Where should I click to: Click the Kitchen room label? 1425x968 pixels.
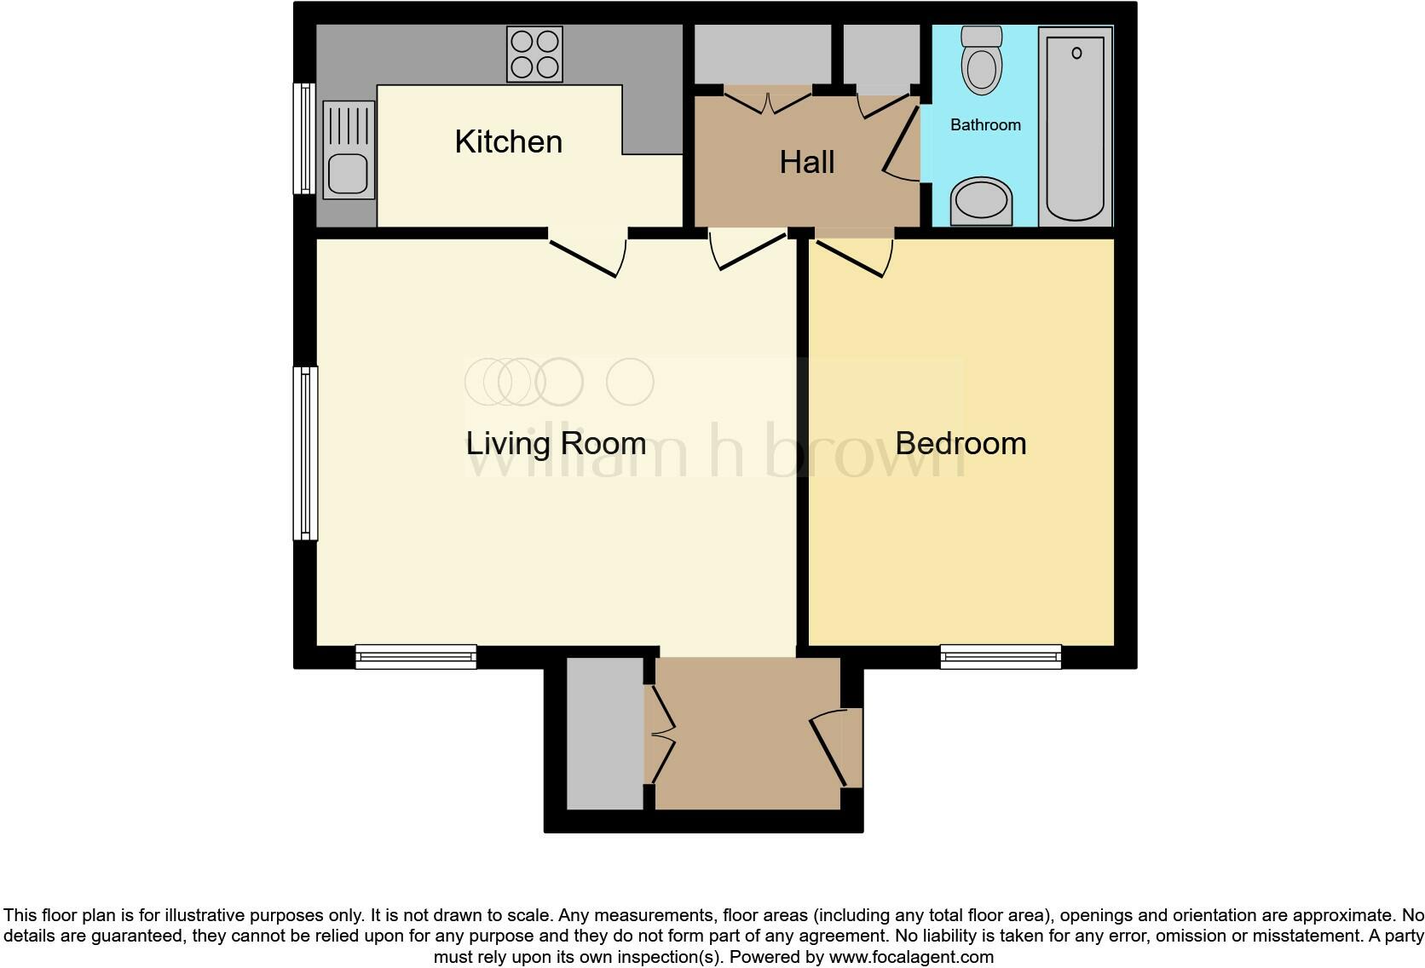point(508,141)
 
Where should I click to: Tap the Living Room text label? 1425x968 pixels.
point(555,443)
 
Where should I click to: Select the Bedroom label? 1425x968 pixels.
point(961,443)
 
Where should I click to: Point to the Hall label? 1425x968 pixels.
point(806,162)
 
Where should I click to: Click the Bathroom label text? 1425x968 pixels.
point(985,125)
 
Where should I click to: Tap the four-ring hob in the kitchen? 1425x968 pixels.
point(534,54)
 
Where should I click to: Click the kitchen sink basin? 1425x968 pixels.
point(347,173)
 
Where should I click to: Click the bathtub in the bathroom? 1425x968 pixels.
point(1076,126)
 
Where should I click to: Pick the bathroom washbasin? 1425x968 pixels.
point(981,202)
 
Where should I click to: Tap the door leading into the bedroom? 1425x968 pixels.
point(852,256)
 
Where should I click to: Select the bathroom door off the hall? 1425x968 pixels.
point(899,145)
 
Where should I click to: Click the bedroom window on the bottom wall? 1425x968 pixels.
point(1001,656)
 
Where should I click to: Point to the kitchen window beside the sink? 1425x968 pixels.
point(304,138)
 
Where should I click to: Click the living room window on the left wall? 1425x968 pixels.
point(305,453)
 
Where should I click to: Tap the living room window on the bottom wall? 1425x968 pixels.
point(416,656)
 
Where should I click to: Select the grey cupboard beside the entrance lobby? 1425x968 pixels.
point(605,733)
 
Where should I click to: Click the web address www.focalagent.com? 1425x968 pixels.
point(911,957)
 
